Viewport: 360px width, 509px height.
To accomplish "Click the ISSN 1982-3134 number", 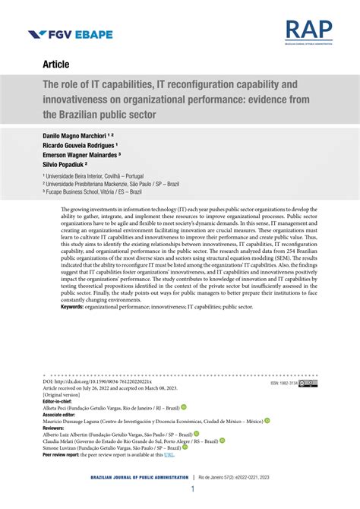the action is click(x=283, y=384).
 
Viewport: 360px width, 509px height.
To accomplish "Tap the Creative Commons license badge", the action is click(x=308, y=384).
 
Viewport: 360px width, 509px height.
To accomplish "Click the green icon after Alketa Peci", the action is click(x=183, y=407).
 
